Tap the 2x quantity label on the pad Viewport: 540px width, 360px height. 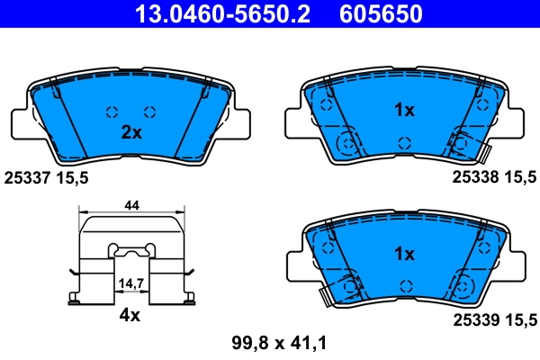(131, 132)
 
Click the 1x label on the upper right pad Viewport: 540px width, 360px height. (404, 111)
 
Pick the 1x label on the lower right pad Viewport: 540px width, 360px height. (404, 254)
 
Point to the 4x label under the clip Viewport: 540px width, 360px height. (131, 316)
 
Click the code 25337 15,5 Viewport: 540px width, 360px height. (47, 179)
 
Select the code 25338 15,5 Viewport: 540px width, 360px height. (491, 179)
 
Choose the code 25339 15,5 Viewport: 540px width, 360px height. (491, 319)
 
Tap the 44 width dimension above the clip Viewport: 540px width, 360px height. (131, 206)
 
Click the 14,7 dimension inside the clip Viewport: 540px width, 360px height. (131, 283)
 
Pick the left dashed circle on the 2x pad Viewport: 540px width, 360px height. (112, 112)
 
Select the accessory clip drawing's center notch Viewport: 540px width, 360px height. (131, 248)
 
